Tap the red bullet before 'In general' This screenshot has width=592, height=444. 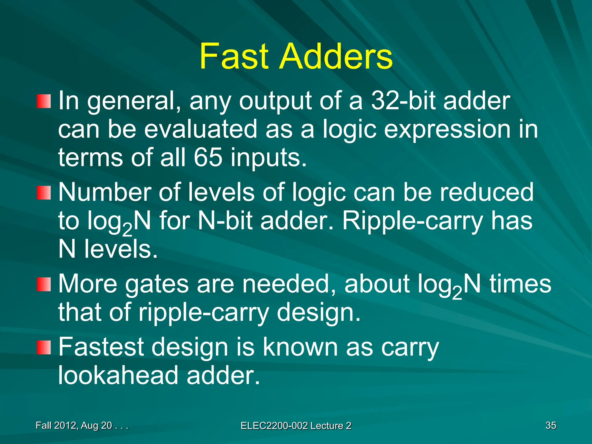pos(44,101)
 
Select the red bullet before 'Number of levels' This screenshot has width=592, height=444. pos(44,193)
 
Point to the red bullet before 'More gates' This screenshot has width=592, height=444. pos(44,284)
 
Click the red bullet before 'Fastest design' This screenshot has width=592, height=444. pos(44,347)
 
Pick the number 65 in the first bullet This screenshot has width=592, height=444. pos(208,158)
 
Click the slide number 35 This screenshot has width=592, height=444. pos(551,425)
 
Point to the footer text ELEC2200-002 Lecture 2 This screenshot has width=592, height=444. pos(296,426)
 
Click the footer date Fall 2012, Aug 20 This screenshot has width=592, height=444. pos(74,425)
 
